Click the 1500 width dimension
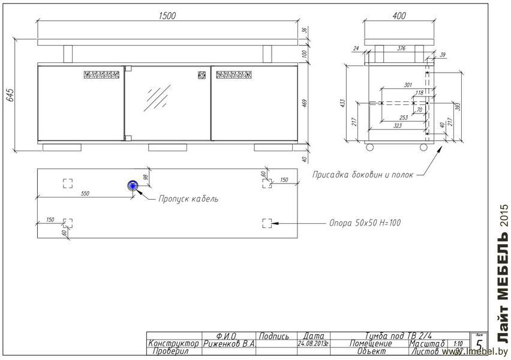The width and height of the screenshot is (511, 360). (167, 16)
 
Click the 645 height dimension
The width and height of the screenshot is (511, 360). (10, 95)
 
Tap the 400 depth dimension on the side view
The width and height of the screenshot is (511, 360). (399, 16)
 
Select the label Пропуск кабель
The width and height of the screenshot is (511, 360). (188, 199)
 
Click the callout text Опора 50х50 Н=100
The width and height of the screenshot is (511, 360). (365, 223)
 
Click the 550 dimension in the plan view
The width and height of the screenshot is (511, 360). (85, 193)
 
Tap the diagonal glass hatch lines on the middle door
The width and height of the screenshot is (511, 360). (159, 96)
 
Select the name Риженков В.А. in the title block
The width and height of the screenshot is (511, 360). (229, 344)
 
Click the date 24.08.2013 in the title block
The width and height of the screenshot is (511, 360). (314, 344)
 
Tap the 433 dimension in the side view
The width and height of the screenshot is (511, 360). (342, 103)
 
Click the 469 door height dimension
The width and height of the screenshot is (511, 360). (304, 103)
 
